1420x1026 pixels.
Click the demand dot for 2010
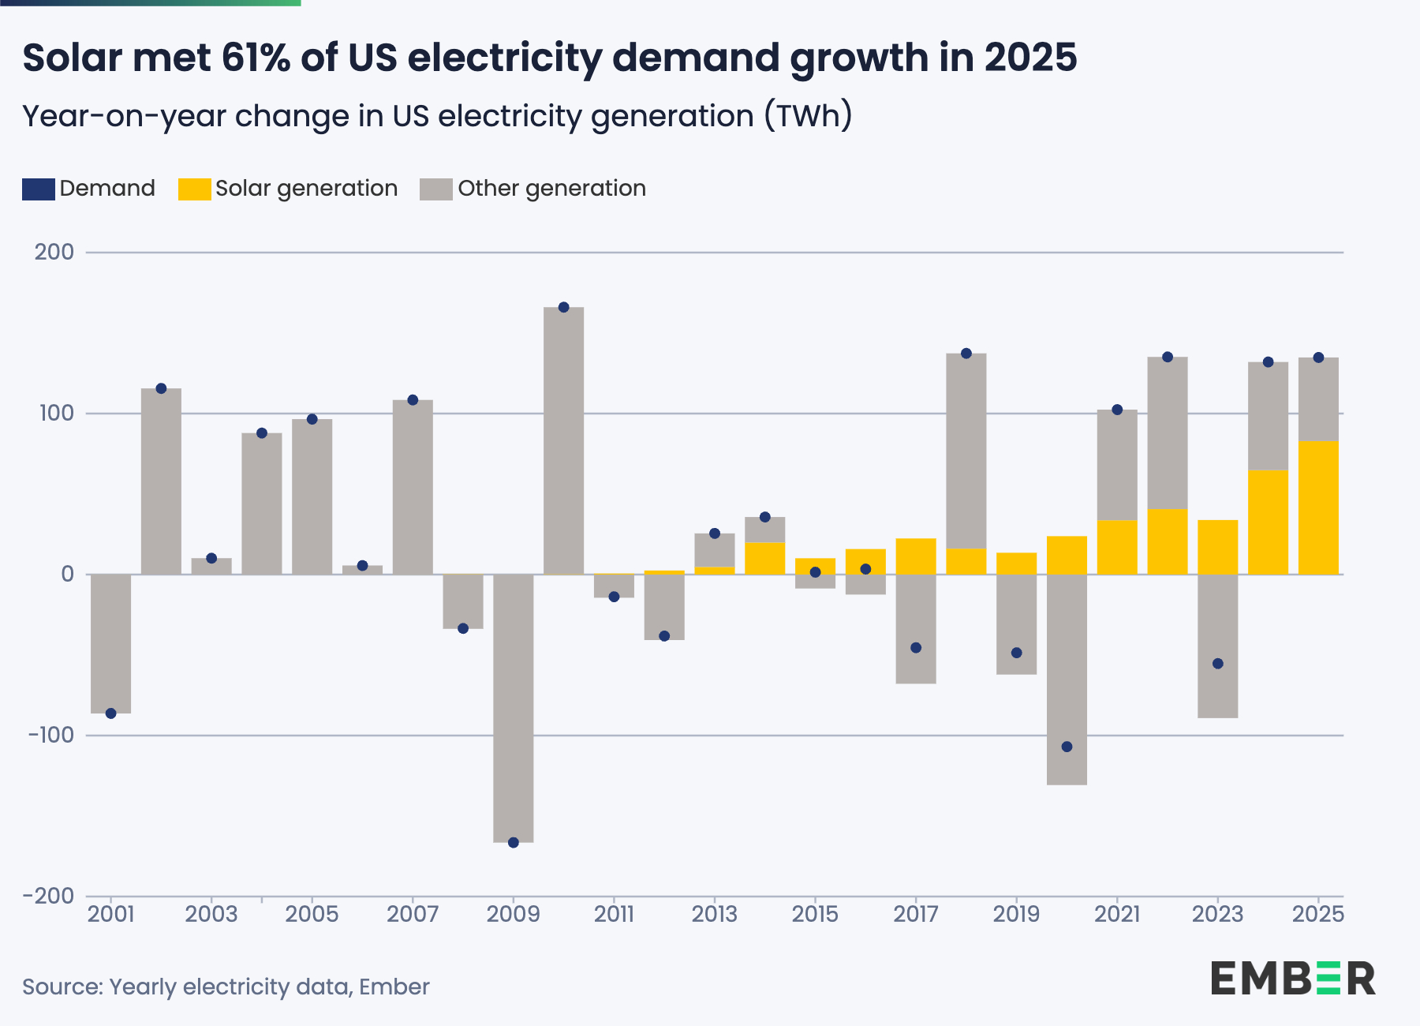click(563, 307)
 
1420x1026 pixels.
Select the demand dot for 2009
click(514, 842)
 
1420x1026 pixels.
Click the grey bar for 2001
click(110, 643)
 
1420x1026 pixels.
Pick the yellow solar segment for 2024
click(1268, 522)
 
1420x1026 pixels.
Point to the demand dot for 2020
click(1067, 747)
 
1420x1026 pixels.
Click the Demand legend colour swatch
click(38, 189)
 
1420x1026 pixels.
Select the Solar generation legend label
click(306, 189)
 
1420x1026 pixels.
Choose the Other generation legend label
click(551, 189)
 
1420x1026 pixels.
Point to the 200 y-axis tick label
click(54, 253)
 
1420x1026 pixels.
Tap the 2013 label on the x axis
click(714, 915)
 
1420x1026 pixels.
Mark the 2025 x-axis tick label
click(1318, 915)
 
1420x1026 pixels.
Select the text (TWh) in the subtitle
click(808, 117)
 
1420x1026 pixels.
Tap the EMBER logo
click(1293, 979)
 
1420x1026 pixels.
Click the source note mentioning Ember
click(226, 987)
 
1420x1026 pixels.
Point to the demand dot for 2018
click(966, 354)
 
